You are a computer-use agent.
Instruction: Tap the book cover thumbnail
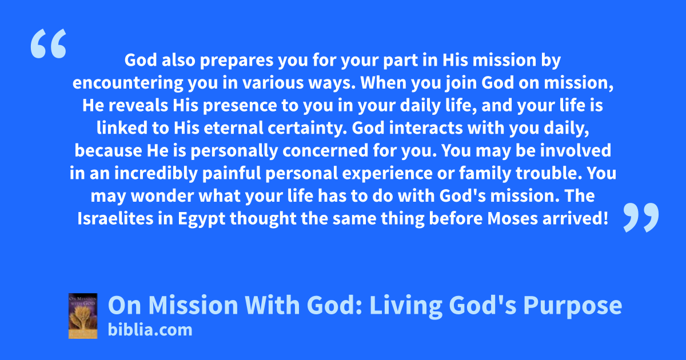point(83,316)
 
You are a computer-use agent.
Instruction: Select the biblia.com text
point(150,330)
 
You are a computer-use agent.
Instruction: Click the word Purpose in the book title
point(572,306)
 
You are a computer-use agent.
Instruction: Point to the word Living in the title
point(406,306)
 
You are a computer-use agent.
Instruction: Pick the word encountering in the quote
point(127,83)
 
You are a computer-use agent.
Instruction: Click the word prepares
point(237,61)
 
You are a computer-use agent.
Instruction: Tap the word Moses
point(513,218)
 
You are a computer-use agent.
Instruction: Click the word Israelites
point(115,218)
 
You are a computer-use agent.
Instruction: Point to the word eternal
point(233,128)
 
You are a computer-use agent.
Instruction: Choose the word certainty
point(307,129)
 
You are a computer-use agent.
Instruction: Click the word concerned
point(325,151)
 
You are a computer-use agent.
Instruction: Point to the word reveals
point(138,106)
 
